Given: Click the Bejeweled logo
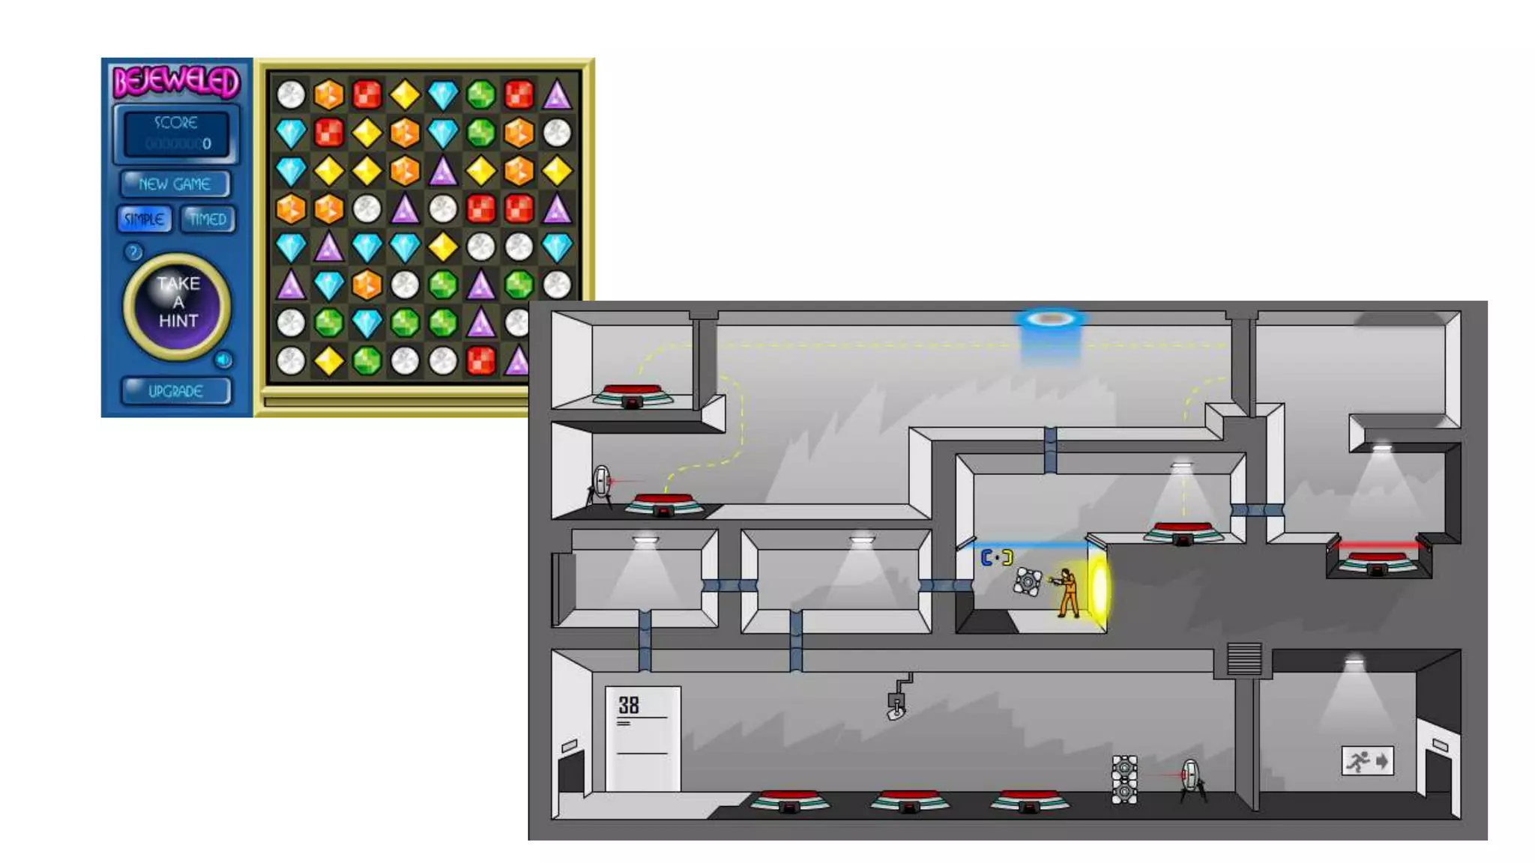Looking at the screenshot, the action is click(176, 82).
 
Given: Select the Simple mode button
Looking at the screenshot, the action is click(144, 219).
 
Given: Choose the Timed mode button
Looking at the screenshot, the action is click(208, 219).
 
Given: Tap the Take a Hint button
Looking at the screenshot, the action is click(178, 304).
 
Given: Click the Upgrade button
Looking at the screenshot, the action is click(176, 391).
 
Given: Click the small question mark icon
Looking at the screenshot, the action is click(133, 252).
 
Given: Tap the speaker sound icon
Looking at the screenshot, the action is click(223, 360).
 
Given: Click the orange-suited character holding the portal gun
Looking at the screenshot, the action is click(1067, 593).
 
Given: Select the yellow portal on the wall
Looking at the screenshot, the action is click(1099, 590).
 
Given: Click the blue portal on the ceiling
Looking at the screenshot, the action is click(1050, 320).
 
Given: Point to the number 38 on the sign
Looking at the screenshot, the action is click(629, 705).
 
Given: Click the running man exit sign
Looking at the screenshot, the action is click(1367, 761).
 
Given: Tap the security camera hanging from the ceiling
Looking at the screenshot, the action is click(897, 703).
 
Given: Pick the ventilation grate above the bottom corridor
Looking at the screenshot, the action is click(1244, 659).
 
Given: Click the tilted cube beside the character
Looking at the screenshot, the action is click(1027, 581).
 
